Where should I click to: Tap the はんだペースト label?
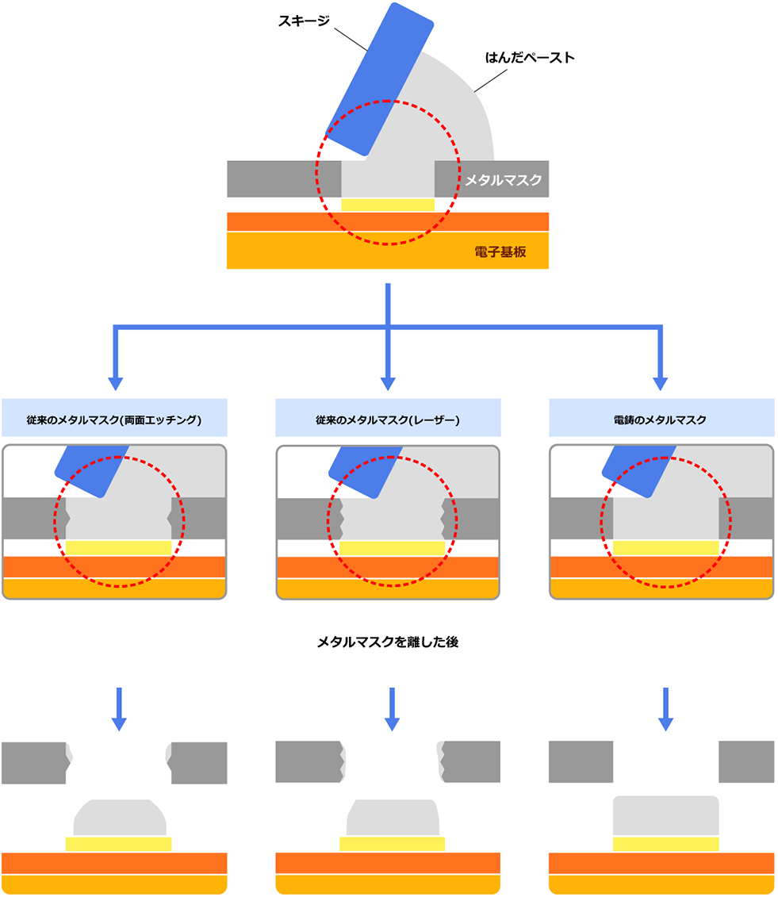click(x=530, y=58)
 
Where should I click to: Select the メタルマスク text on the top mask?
click(x=504, y=180)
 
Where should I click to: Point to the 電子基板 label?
click(x=500, y=253)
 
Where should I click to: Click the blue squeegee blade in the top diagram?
click(x=381, y=79)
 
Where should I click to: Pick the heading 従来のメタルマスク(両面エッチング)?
click(x=114, y=418)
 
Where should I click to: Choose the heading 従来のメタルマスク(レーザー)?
click(x=388, y=418)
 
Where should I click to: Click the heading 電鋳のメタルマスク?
click(x=661, y=418)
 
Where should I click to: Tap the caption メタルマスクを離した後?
click(x=388, y=642)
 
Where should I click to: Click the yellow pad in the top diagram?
click(x=388, y=205)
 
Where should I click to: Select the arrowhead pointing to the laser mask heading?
click(x=388, y=383)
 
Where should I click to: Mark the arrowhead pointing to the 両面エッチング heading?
click(x=115, y=383)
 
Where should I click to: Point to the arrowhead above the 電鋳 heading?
click(x=661, y=383)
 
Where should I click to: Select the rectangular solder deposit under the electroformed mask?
click(x=666, y=816)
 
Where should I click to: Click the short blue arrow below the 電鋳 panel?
click(x=666, y=708)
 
